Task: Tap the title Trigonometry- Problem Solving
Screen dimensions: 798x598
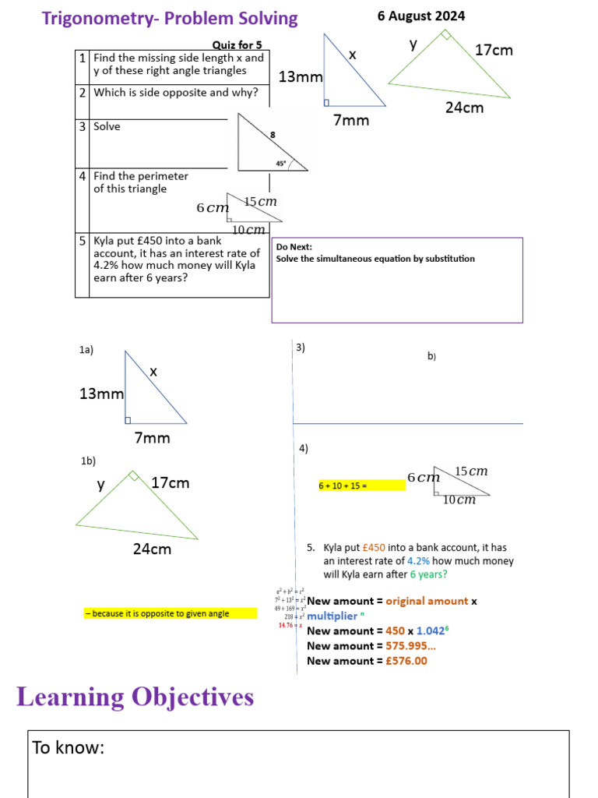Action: coord(170,18)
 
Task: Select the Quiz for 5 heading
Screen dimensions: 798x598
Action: coord(237,45)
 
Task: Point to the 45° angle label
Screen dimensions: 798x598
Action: coord(281,164)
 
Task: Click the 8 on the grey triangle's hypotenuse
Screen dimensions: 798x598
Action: coord(273,135)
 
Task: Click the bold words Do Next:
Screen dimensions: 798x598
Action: coord(294,246)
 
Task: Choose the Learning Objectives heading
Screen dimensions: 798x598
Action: coord(135,697)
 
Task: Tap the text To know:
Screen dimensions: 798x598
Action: coord(69,748)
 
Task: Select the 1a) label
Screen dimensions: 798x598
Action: coord(86,351)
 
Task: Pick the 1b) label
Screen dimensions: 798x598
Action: coord(88,461)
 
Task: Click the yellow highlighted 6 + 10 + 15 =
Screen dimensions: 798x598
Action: coord(343,486)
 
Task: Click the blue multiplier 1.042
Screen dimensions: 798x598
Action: coord(431,630)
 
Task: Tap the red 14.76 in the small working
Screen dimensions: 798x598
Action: coord(286,625)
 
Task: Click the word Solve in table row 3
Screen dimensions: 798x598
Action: coord(107,126)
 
